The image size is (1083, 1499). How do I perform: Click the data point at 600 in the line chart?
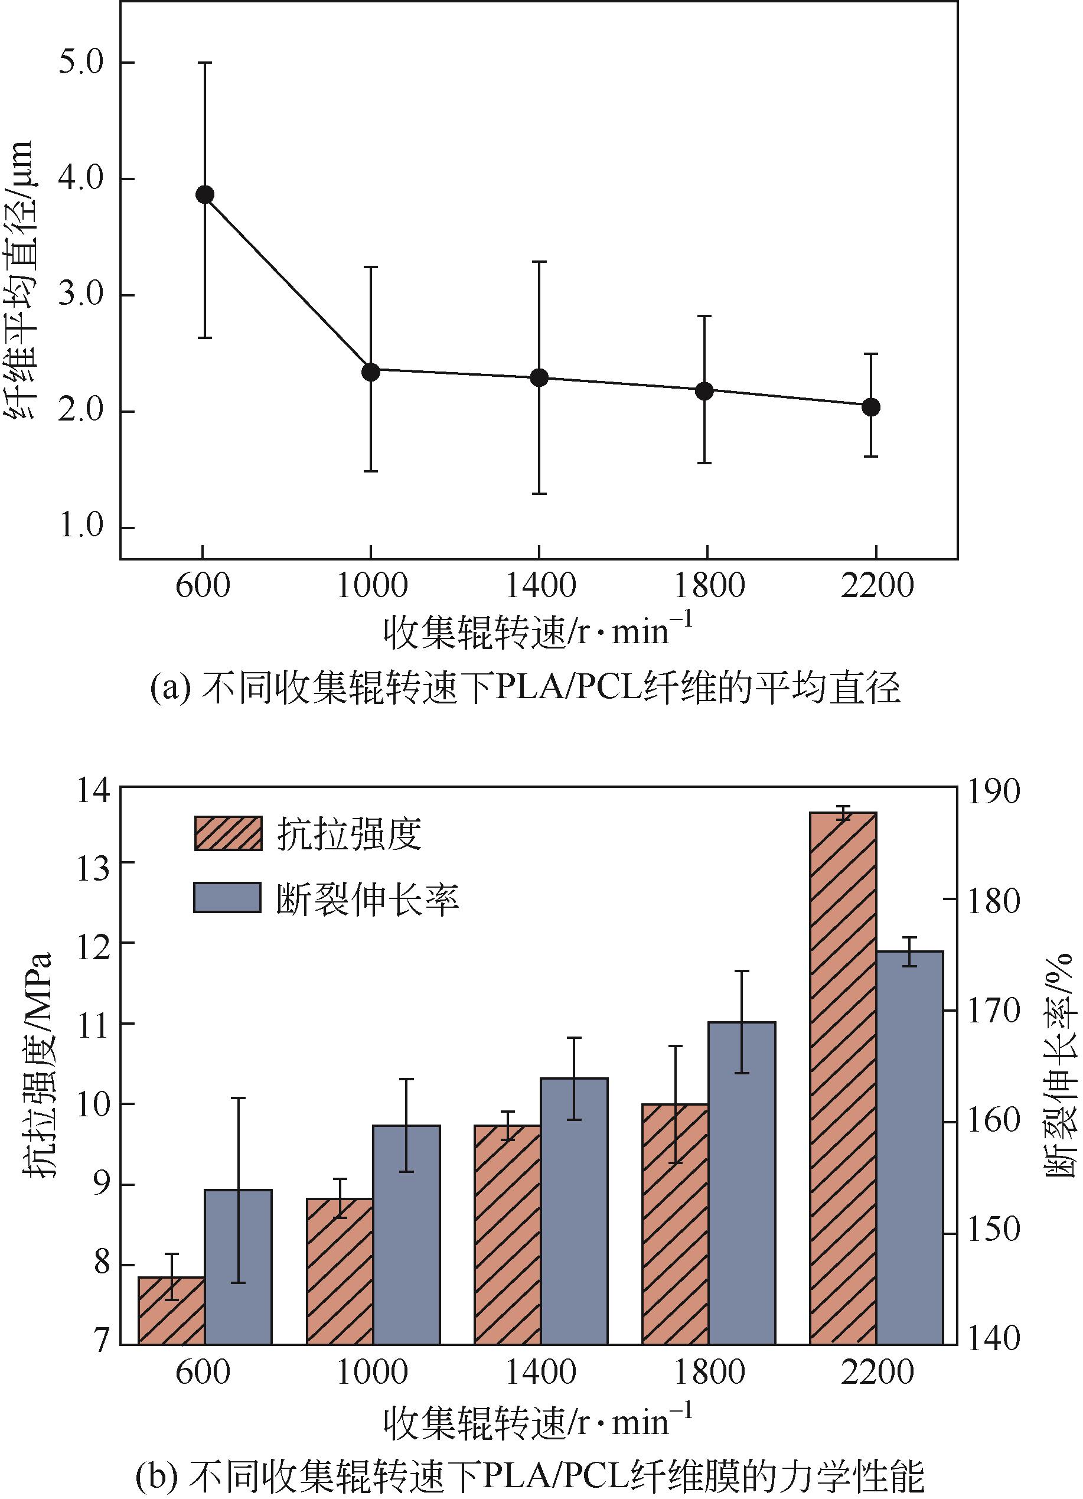tap(204, 194)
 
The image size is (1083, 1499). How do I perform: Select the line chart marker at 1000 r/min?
tap(371, 372)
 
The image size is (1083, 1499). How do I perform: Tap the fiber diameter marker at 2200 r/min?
tap(871, 407)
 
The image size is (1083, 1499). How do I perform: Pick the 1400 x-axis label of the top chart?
tap(540, 585)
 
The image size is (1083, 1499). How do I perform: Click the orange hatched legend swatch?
tap(227, 833)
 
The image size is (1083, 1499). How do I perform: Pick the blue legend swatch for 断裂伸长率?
tap(227, 898)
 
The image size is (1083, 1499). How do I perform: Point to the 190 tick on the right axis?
tap(994, 793)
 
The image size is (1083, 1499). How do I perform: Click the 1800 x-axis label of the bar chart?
tap(709, 1372)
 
